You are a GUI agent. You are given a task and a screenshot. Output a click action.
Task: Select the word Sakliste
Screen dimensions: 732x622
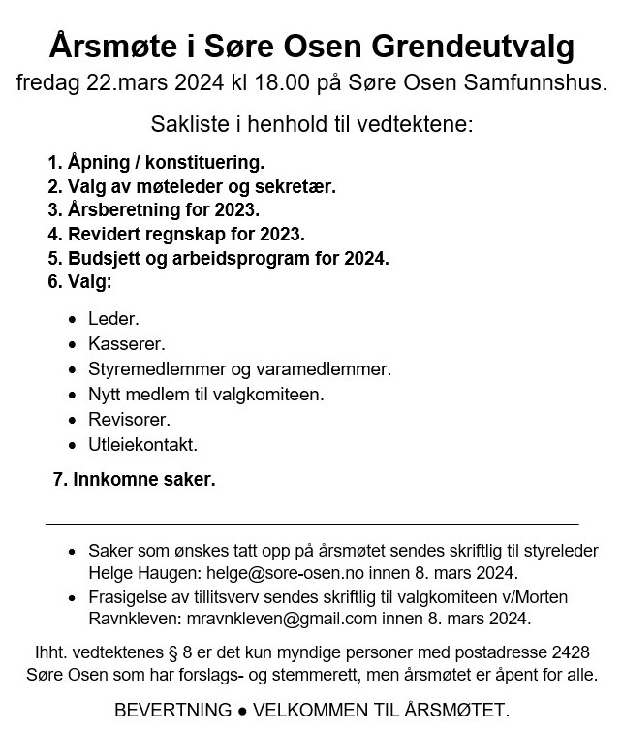[188, 124]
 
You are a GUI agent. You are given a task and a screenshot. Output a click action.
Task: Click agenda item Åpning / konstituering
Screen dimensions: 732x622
[165, 162]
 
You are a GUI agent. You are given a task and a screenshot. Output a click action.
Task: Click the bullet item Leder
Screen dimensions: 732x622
[113, 319]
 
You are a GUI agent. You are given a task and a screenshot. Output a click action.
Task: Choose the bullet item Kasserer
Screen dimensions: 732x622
[126, 344]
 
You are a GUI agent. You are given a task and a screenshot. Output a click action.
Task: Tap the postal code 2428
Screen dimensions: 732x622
[569, 652]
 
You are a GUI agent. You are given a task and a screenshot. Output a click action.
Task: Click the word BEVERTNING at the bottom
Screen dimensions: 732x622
[172, 710]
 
